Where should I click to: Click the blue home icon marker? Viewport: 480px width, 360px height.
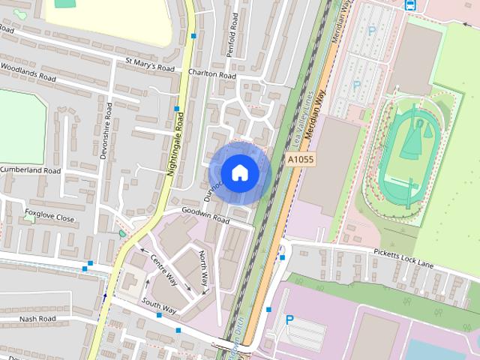click(x=239, y=172)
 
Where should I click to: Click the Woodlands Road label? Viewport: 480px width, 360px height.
click(x=28, y=77)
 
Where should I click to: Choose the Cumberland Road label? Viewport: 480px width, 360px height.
click(x=30, y=170)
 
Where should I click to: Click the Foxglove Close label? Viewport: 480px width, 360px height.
click(x=49, y=218)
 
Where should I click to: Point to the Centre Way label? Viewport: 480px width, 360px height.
click(x=163, y=269)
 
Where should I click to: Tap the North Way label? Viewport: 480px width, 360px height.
click(x=203, y=270)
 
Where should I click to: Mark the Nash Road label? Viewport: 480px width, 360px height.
click(x=38, y=318)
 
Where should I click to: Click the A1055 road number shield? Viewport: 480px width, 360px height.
click(x=300, y=160)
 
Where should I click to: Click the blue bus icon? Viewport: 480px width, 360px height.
click(x=410, y=4)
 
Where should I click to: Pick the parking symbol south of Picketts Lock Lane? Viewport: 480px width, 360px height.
click(x=289, y=319)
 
